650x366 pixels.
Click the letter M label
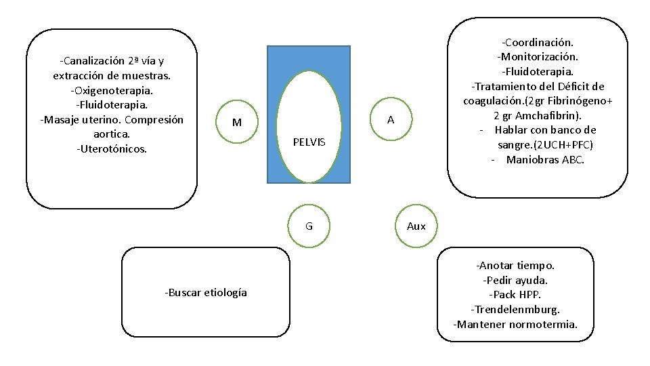coord(237,123)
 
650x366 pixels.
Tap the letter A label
coord(391,120)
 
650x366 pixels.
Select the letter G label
coord(309,226)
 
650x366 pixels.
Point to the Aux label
coord(416,226)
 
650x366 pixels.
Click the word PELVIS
coord(309,142)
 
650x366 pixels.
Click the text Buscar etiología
coord(206,292)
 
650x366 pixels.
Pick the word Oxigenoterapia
coord(112,90)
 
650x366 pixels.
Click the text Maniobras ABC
coord(544,160)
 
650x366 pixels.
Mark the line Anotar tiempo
coord(515,265)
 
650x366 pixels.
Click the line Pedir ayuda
coord(515,280)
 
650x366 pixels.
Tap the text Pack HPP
coord(515,295)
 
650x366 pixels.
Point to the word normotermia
coord(542,324)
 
